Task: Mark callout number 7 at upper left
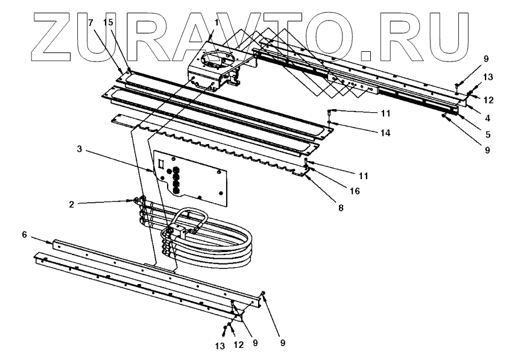[x=91, y=22]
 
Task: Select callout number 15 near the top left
[x=108, y=22]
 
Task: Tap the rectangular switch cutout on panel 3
[x=162, y=165]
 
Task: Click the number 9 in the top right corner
[x=486, y=59]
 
